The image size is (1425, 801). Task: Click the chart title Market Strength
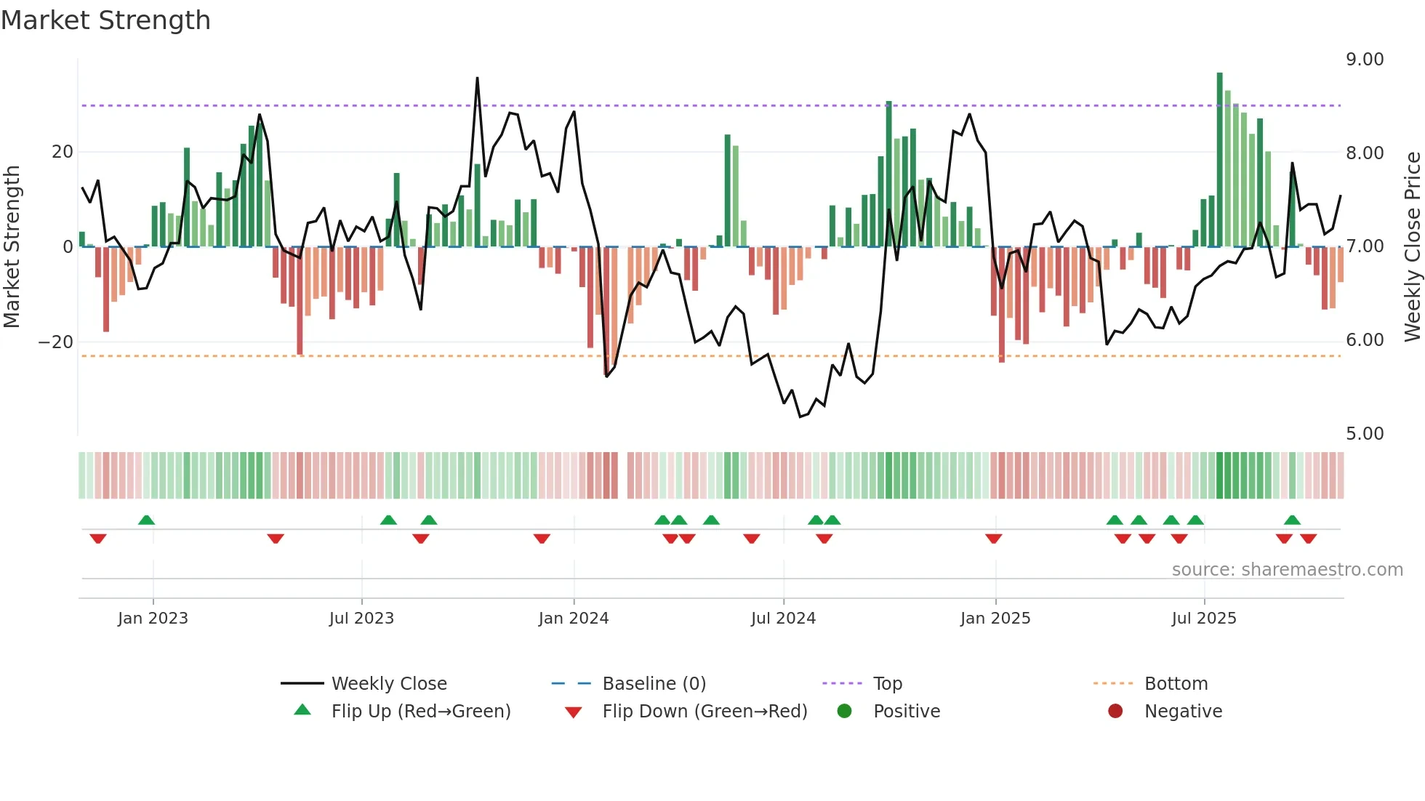(105, 20)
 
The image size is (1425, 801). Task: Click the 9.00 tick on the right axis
(1364, 60)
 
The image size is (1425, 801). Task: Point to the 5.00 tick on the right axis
(1364, 434)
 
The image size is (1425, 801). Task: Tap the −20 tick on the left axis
(56, 342)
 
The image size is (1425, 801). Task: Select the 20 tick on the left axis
(63, 152)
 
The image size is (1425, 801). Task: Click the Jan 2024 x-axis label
(573, 619)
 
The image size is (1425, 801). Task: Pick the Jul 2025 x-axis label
(1203, 619)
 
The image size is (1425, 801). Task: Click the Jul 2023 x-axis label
(361, 619)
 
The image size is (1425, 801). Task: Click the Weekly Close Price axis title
(1412, 246)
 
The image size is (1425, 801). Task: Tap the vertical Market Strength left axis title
(12, 246)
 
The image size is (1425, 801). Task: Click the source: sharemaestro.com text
(1287, 570)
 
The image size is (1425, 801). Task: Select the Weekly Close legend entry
(388, 684)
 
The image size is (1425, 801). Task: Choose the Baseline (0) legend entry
(654, 684)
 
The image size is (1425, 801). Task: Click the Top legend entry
(887, 684)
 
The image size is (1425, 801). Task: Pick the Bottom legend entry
(1176, 684)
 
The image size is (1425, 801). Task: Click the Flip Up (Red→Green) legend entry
(420, 712)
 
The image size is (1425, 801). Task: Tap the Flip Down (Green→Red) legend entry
(705, 712)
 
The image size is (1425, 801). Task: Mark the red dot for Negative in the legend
(1115, 712)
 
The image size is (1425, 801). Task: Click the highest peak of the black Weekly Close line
(477, 78)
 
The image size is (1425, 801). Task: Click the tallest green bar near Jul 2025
(1219, 74)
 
